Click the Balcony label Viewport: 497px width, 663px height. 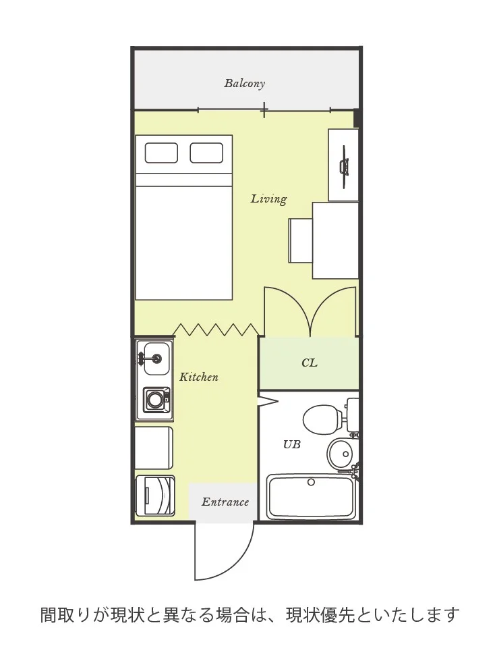pos(244,83)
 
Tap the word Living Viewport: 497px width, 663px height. pos(268,198)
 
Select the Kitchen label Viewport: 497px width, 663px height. pos(198,377)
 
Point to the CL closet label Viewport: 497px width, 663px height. pos(309,363)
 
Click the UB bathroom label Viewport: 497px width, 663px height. pos(292,444)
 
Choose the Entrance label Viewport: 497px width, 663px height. pos(225,502)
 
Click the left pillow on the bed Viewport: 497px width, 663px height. pos(161,153)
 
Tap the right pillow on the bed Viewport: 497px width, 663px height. pos(206,153)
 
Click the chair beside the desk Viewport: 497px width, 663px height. pos(301,240)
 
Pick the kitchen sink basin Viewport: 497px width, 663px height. pos(156,359)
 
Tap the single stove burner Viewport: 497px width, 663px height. pos(154,399)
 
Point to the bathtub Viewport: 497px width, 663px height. pos(311,497)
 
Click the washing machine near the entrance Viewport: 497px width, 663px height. pos(155,496)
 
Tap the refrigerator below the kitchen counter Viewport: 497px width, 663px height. pos(154,448)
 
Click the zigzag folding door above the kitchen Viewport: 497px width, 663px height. pos(216,329)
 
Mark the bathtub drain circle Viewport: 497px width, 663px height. pos(311,482)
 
